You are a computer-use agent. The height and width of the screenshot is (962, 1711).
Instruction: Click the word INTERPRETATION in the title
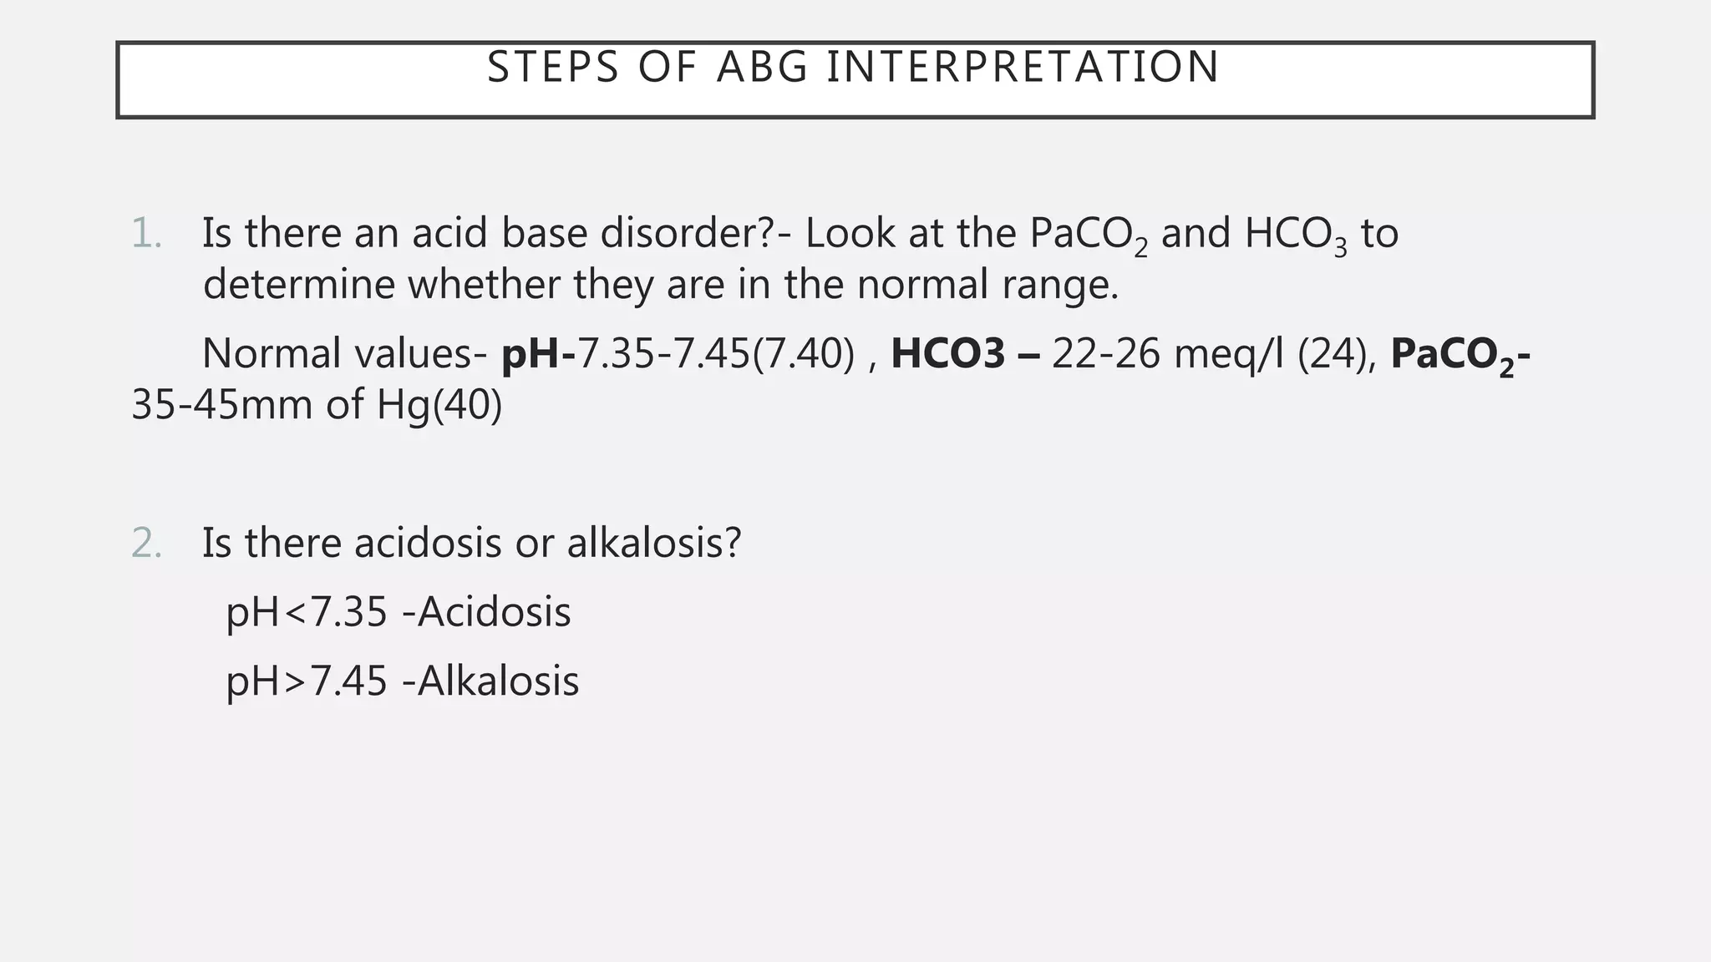coord(1023,67)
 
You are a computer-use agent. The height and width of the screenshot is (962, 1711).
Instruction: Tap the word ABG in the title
coord(763,67)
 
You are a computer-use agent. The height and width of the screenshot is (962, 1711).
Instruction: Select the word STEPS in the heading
coord(553,67)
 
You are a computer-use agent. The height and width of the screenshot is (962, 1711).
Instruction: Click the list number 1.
coord(146,233)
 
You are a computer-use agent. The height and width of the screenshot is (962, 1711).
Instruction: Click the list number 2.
coord(146,543)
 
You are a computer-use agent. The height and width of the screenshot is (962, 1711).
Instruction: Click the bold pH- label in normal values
coord(538,354)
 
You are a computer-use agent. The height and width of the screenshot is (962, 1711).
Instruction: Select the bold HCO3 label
coord(948,354)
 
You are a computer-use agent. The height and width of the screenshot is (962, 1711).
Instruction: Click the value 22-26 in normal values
coord(1106,354)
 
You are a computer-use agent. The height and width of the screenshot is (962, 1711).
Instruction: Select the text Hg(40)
coord(439,405)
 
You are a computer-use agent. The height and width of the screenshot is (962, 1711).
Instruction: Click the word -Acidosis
coord(486,612)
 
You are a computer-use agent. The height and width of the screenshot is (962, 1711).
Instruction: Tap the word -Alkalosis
coord(490,681)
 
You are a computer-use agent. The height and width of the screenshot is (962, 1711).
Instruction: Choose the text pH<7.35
coord(307,612)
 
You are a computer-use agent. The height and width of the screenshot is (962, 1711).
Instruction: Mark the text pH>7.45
coord(307,681)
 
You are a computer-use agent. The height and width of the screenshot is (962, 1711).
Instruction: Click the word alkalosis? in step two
coord(654,543)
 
